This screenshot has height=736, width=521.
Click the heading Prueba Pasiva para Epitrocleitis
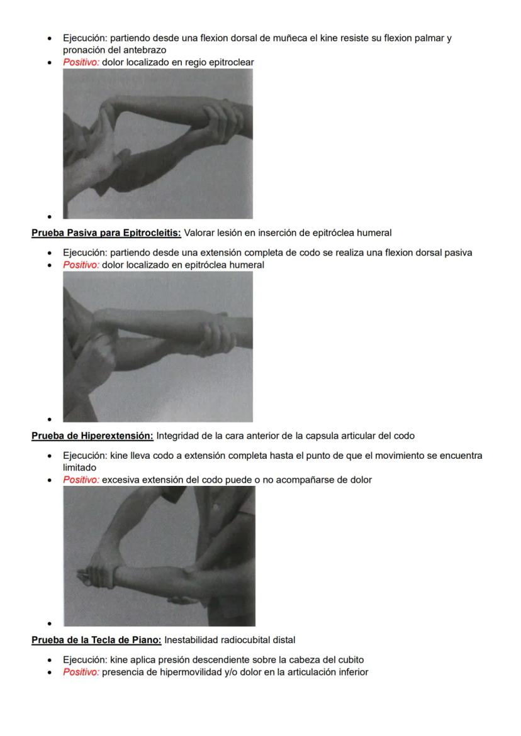106,233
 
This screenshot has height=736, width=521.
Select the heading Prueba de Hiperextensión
92,436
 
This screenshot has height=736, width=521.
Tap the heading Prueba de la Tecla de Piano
96,640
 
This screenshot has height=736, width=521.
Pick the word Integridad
179,436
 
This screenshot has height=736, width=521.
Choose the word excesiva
122,480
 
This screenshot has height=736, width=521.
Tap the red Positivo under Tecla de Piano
81,672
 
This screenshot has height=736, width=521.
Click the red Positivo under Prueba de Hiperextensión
81,480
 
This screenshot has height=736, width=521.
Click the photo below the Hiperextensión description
159,556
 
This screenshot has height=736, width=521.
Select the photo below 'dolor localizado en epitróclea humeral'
157,346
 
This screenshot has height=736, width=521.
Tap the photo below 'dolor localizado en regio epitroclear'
157,143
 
